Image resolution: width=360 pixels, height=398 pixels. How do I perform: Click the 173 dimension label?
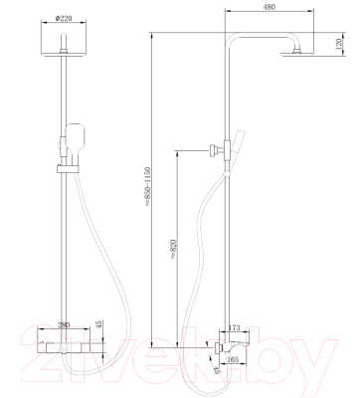pyautogui.click(x=236, y=326)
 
